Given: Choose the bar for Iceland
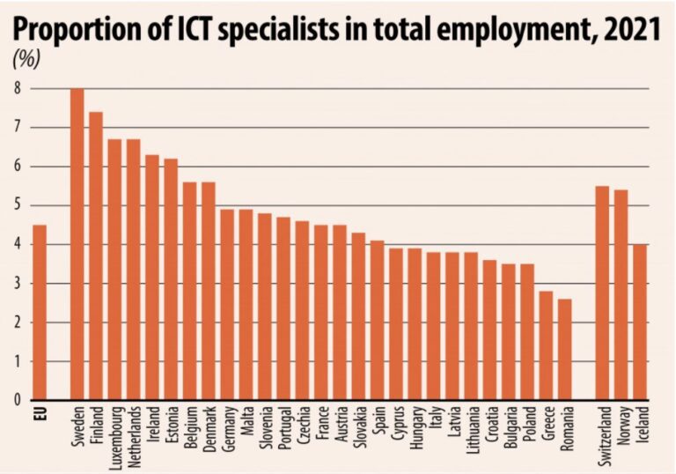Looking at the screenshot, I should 640,322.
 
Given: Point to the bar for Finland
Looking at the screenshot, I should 96,256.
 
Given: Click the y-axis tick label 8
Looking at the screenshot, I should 16,88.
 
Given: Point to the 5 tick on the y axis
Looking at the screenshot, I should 16,205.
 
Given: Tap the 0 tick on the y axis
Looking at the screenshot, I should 16,400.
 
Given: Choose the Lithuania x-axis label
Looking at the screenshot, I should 471,432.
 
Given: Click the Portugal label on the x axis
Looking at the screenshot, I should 283,430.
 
